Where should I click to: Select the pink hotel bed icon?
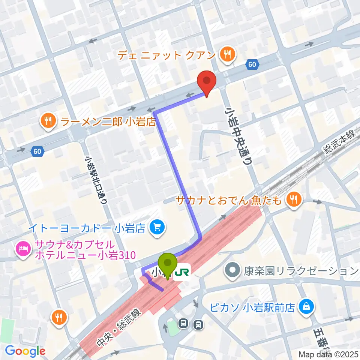click(x=23, y=248)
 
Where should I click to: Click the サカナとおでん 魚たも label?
click(x=228, y=201)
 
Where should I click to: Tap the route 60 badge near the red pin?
click(x=252, y=65)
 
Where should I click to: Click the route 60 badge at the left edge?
click(x=37, y=151)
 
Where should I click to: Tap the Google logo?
click(x=25, y=351)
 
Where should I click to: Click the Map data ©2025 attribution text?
click(x=328, y=354)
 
